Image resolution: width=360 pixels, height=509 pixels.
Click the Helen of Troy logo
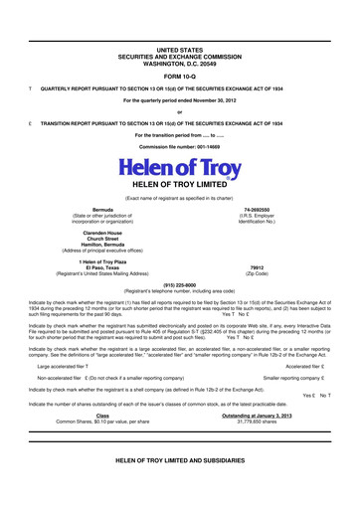(x=179, y=169)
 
